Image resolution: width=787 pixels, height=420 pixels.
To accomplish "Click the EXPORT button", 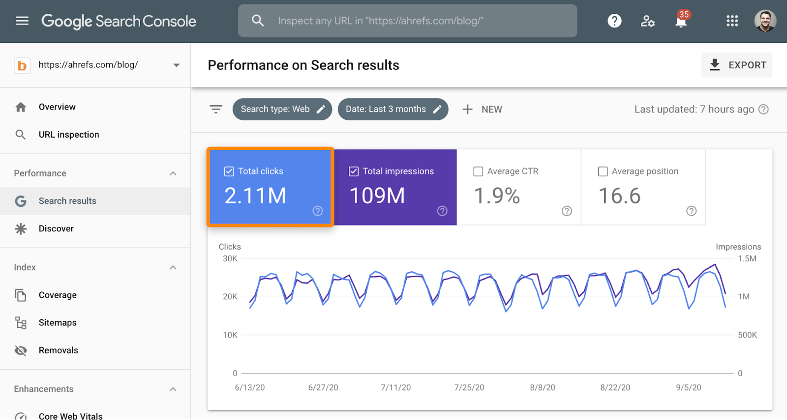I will (737, 65).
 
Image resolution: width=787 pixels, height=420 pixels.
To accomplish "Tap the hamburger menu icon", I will (22, 21).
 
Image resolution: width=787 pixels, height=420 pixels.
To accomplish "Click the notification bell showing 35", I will (681, 21).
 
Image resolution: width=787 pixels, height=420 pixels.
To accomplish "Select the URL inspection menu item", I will (68, 135).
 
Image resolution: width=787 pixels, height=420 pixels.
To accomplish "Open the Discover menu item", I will (56, 228).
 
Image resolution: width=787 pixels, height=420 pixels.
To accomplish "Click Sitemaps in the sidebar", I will (58, 323).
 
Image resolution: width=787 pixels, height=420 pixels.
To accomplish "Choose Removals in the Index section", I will (58, 350).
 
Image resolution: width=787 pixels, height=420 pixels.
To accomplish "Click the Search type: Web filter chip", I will (282, 109).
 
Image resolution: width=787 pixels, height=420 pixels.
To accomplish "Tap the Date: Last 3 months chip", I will (393, 109).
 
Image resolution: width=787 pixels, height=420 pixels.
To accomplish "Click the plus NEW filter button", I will (482, 109).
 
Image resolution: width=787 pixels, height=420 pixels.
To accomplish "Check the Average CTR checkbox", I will (478, 171).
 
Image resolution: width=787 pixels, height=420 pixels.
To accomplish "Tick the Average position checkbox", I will (603, 171).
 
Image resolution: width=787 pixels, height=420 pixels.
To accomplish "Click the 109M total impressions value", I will (377, 196).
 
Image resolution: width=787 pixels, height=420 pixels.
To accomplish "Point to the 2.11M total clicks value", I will (255, 196).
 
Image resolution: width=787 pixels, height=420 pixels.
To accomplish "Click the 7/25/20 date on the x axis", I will (469, 388).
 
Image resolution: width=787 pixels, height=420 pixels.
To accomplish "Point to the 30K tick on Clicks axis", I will (230, 259).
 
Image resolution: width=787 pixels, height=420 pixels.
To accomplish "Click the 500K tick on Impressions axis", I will (747, 335).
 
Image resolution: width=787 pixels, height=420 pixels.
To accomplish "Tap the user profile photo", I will (765, 21).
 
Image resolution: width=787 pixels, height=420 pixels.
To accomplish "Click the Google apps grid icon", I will (732, 21).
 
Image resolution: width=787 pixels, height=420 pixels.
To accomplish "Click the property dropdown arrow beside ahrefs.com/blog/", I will (176, 65).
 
